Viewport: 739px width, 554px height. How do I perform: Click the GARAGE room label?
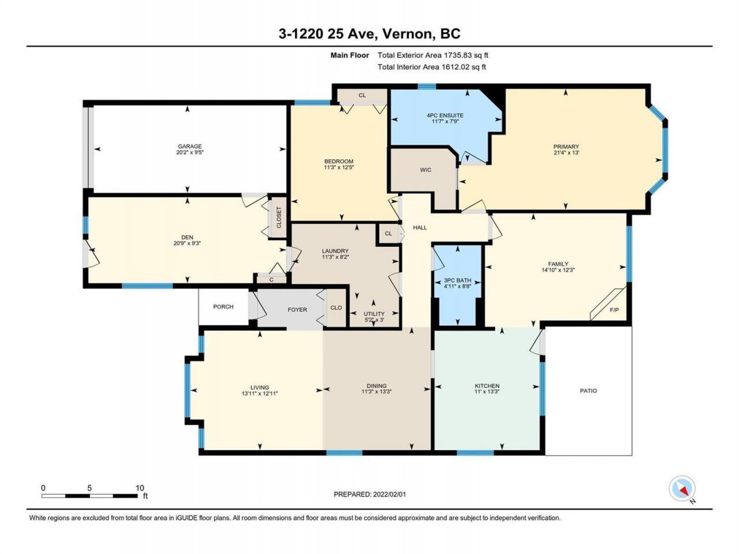pyautogui.click(x=190, y=147)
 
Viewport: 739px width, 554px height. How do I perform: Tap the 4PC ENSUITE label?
pyautogui.click(x=445, y=115)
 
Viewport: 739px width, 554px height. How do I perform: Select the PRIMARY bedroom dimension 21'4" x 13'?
pyautogui.click(x=566, y=153)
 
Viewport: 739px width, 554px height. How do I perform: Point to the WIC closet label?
pyautogui.click(x=426, y=170)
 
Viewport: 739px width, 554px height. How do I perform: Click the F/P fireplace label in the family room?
pyautogui.click(x=614, y=310)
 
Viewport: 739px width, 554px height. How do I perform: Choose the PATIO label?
pyautogui.click(x=588, y=391)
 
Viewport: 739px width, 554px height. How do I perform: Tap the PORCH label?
pyautogui.click(x=223, y=307)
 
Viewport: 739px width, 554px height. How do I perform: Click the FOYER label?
pyautogui.click(x=297, y=309)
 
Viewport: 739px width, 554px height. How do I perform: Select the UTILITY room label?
pyautogui.click(x=374, y=314)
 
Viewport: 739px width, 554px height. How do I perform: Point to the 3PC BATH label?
pyautogui.click(x=457, y=280)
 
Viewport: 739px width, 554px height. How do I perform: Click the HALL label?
pyautogui.click(x=420, y=228)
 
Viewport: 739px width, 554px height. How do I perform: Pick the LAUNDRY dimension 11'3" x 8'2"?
pyautogui.click(x=335, y=257)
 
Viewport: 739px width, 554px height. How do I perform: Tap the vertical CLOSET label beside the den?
pyautogui.click(x=279, y=218)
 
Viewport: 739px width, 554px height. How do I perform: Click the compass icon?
pyautogui.click(x=682, y=488)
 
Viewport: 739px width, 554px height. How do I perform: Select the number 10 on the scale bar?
pyautogui.click(x=140, y=488)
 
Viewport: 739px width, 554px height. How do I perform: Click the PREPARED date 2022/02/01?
pyautogui.click(x=389, y=495)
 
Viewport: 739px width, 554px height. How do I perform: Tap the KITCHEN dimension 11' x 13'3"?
pyautogui.click(x=487, y=391)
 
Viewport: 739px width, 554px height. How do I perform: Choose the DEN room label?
pyautogui.click(x=187, y=238)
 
